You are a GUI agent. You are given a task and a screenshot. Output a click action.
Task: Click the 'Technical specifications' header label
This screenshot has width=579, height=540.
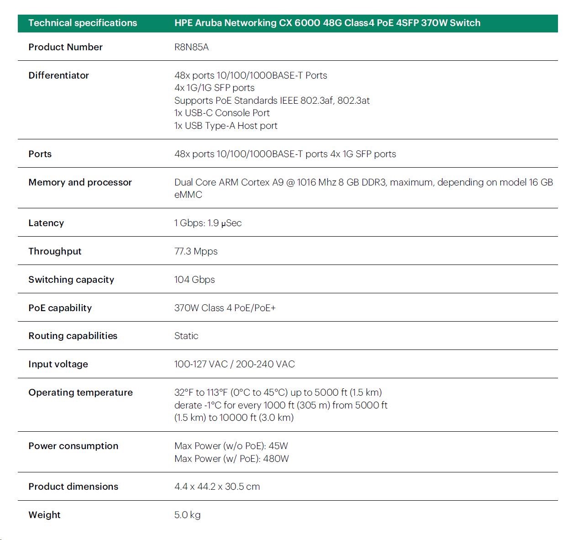pyautogui.click(x=82, y=23)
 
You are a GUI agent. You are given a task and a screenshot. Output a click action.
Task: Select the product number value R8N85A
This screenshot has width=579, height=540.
pyautogui.click(x=191, y=47)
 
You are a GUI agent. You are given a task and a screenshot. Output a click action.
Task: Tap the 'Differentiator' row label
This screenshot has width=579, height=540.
pyautogui.click(x=58, y=75)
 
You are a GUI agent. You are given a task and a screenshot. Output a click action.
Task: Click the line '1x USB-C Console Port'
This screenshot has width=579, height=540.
pyautogui.click(x=222, y=113)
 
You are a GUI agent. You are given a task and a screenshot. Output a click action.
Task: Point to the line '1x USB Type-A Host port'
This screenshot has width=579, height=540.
pyautogui.click(x=226, y=126)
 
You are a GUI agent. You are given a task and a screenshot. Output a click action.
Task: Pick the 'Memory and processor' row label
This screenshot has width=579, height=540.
pyautogui.click(x=80, y=182)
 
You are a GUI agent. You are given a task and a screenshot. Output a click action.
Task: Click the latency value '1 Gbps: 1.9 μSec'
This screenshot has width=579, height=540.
pyautogui.click(x=208, y=223)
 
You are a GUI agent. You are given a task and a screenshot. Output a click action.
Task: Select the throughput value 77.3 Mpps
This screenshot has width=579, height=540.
pyautogui.click(x=196, y=251)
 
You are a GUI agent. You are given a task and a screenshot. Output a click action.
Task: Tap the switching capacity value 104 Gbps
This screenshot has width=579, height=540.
pyautogui.click(x=195, y=280)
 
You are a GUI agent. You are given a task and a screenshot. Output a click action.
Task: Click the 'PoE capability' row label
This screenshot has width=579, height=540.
pyautogui.click(x=60, y=308)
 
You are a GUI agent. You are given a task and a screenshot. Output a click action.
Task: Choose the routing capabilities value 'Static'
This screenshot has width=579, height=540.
pyautogui.click(x=186, y=336)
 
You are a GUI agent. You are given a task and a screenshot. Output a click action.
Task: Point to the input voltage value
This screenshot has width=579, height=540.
pyautogui.click(x=234, y=364)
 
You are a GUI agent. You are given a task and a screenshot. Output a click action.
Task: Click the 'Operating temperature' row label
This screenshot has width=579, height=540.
pyautogui.click(x=80, y=392)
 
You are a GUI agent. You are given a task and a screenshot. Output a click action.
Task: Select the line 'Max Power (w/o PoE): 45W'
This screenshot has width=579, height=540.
pyautogui.click(x=231, y=446)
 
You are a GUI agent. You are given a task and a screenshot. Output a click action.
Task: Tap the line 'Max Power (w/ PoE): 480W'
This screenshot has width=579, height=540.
pyautogui.click(x=232, y=459)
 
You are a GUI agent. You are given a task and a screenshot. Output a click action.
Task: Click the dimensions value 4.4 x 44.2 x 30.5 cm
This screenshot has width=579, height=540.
pyautogui.click(x=217, y=487)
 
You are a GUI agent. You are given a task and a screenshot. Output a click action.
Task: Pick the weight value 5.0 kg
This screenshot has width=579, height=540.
pyautogui.click(x=187, y=515)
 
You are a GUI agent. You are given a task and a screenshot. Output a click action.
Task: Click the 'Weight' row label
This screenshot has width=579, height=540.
pyautogui.click(x=44, y=515)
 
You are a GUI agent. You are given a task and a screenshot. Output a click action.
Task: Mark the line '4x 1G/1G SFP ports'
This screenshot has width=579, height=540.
pyautogui.click(x=214, y=88)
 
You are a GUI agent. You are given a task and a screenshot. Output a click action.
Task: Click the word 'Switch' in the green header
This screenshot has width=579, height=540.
pyautogui.click(x=465, y=23)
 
